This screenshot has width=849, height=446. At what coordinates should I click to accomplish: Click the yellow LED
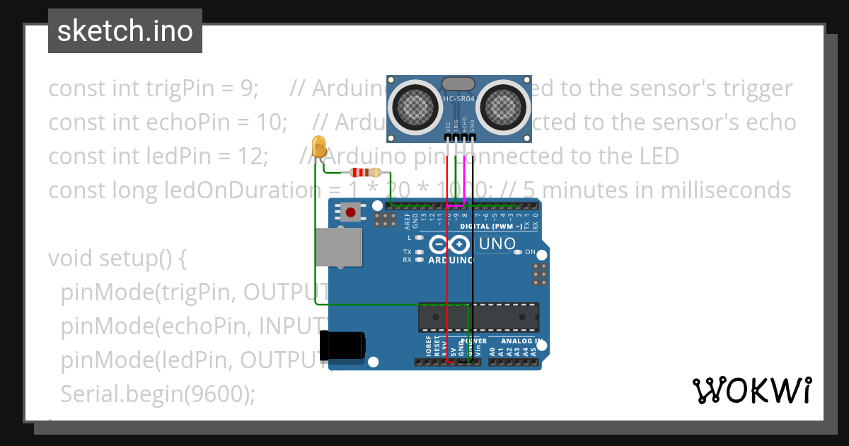[319, 147]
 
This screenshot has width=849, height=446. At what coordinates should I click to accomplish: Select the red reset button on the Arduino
[350, 211]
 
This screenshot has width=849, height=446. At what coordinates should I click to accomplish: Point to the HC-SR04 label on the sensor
[458, 100]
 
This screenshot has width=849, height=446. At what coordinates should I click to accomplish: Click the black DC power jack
[342, 345]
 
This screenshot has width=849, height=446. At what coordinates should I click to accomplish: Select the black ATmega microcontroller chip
[478, 317]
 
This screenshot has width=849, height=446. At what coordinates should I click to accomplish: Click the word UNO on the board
[497, 245]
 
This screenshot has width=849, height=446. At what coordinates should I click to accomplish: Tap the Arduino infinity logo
[449, 245]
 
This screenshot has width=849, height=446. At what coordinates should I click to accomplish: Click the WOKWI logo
[751, 390]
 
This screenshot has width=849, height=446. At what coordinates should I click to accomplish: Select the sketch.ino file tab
[125, 31]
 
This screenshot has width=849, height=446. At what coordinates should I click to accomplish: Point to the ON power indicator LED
[519, 252]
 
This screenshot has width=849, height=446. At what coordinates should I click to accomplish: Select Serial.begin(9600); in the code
[157, 394]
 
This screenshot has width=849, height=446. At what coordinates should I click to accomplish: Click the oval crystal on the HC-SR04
[458, 84]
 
